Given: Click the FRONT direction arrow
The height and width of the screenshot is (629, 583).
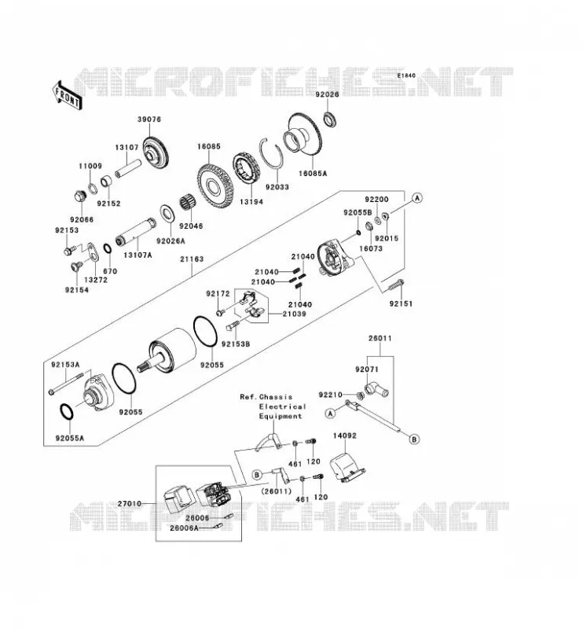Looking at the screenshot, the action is [68, 95].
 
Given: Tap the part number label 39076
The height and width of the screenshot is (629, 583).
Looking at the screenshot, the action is [149, 120].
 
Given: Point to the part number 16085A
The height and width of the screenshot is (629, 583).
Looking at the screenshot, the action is [313, 174].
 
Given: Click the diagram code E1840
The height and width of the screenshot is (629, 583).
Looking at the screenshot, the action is [406, 75].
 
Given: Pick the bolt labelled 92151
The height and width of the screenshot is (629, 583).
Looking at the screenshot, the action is [396, 285].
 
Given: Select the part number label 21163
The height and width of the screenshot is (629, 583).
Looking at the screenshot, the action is [192, 259].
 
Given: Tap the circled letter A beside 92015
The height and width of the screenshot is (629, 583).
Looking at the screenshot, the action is [417, 198].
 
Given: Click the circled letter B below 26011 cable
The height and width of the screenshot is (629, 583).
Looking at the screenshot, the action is [415, 439].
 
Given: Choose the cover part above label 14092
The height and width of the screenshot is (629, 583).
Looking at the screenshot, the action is [346, 466].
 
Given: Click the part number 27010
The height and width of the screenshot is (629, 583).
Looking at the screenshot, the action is [130, 503].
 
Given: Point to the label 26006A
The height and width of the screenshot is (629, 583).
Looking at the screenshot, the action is [184, 528].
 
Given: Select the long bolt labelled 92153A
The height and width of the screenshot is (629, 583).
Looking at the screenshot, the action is [66, 384].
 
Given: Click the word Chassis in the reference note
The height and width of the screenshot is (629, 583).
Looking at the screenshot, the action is [276, 397].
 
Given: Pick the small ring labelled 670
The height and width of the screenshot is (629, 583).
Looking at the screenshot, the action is [108, 248].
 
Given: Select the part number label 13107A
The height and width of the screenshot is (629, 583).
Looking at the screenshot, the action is [137, 255].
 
